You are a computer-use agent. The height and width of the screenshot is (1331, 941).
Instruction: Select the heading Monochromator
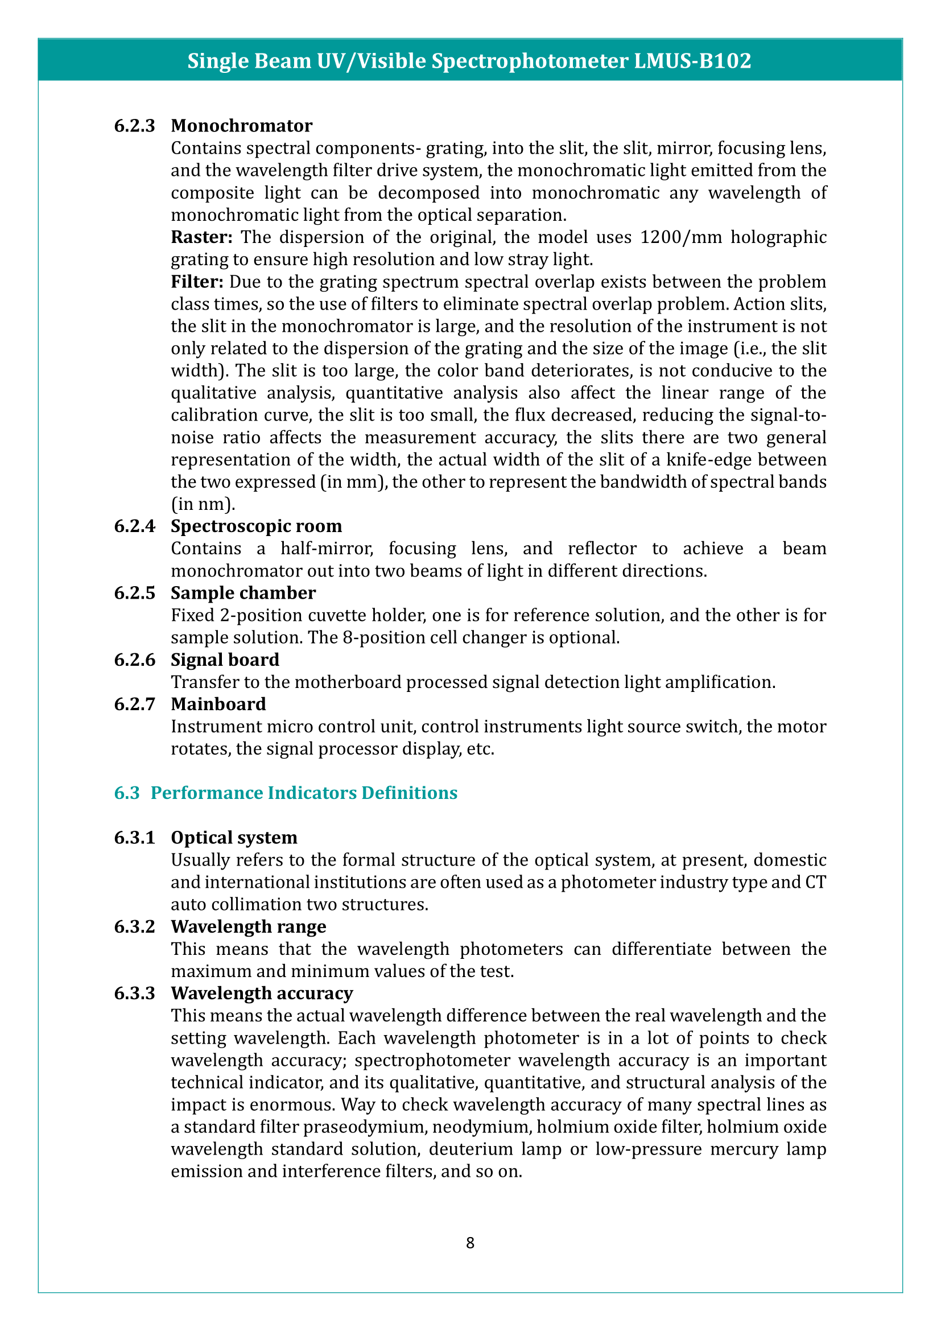(x=242, y=126)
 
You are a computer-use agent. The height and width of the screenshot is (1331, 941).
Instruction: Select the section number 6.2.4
(x=134, y=526)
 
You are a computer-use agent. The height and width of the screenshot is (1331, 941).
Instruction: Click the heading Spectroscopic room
(x=256, y=526)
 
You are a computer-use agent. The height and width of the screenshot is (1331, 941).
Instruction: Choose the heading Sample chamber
(x=243, y=593)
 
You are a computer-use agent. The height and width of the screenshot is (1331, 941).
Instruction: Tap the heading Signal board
(x=225, y=660)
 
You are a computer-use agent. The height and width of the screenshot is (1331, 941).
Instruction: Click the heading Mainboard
(x=218, y=704)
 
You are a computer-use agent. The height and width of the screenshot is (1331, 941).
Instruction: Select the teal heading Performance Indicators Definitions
(x=304, y=793)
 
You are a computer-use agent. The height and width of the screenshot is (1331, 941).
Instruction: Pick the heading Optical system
(x=234, y=838)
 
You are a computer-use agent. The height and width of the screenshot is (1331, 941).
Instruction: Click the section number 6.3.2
(x=134, y=927)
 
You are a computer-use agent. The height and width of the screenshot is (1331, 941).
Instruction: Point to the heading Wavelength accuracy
(x=262, y=994)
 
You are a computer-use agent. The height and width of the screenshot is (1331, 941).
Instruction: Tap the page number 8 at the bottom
(x=470, y=1243)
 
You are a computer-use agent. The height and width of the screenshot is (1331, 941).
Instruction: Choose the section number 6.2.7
(x=134, y=704)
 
